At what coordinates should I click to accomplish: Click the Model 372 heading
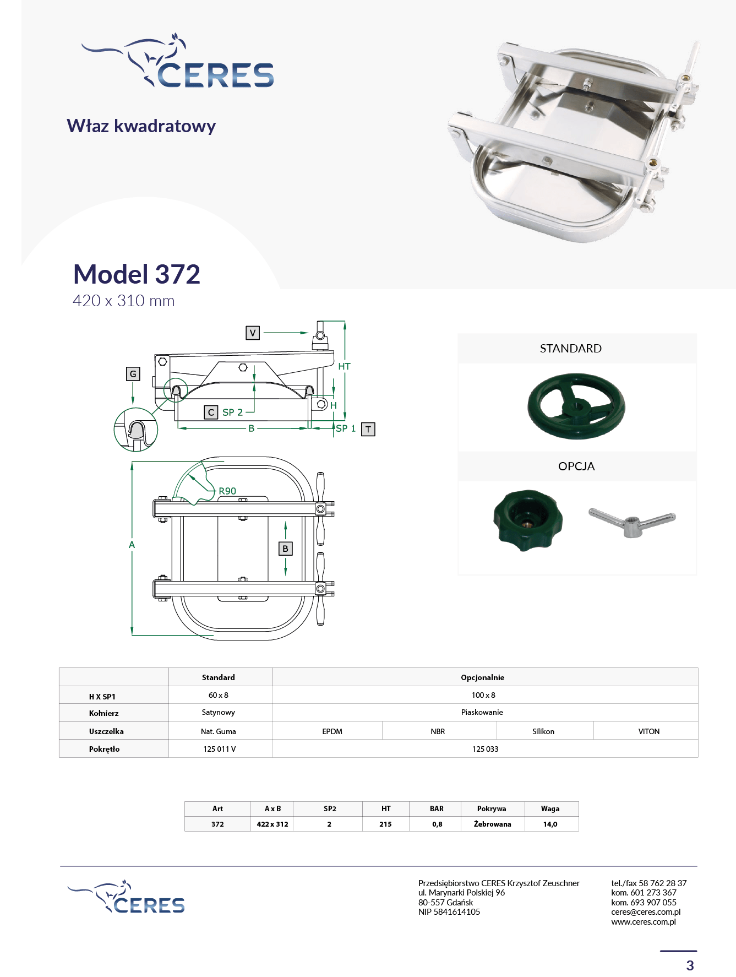tap(137, 274)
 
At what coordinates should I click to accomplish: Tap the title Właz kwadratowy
tap(141, 126)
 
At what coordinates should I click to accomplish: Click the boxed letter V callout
tap(252, 333)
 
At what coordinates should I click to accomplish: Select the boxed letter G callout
tap(133, 374)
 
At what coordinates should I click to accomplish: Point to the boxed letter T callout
tap(368, 429)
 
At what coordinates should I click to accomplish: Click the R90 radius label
tap(227, 491)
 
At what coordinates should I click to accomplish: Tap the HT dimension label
tap(344, 366)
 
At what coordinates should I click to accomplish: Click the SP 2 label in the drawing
tap(232, 412)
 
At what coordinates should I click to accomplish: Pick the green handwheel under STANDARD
tap(576, 406)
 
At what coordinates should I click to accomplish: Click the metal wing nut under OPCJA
tap(632, 523)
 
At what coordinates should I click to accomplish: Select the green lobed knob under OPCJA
tap(527, 520)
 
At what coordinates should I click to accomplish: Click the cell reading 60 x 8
tap(219, 695)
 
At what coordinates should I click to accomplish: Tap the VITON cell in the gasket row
tap(648, 731)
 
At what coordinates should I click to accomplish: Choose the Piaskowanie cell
tap(482, 712)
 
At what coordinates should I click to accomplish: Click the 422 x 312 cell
tap(272, 824)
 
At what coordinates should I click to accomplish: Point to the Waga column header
tap(550, 808)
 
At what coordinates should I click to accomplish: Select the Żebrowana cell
tap(492, 824)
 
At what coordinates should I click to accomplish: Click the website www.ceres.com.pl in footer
tap(643, 921)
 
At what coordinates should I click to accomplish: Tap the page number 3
tap(690, 965)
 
